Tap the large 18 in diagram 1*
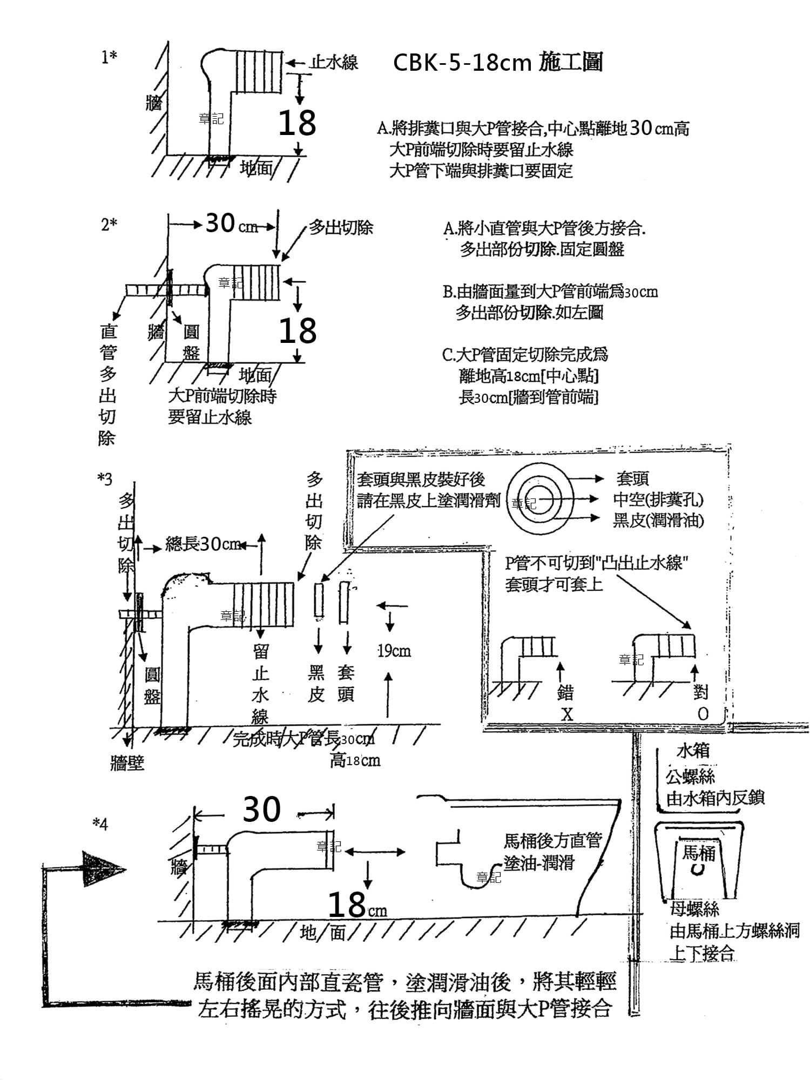pos(297,123)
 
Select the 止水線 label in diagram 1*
pos(334,63)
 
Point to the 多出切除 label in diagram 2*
pos(341,227)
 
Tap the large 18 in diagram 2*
pos(298,330)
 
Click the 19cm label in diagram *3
pos(394,651)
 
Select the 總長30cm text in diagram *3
pos(202,544)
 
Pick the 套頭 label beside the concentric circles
pos(632,478)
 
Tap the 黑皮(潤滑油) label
pos(658,520)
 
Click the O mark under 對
pos(703,714)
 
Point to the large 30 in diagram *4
pos(262,809)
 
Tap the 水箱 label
pos(693,751)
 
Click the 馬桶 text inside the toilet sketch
pos(698,853)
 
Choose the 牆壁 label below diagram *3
pos(127,763)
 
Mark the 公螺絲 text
pos(690,777)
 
